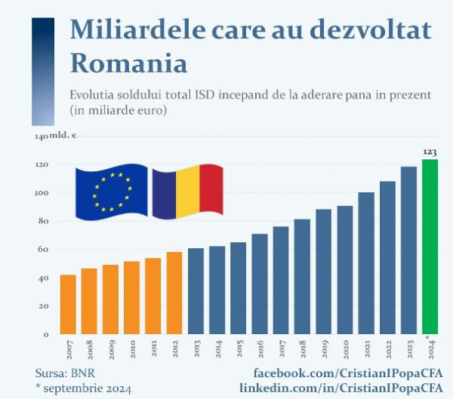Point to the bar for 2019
[x=323, y=272]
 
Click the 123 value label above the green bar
[x=430, y=152]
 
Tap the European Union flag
[x=112, y=193]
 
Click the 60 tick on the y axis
[x=45, y=250]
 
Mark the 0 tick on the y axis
[x=47, y=334]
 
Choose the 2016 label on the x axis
[x=260, y=348]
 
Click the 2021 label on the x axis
[x=367, y=348]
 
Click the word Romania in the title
[x=128, y=62]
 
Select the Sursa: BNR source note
[x=65, y=373]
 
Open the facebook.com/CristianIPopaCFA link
[x=347, y=373]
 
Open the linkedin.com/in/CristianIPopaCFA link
[x=341, y=388]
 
